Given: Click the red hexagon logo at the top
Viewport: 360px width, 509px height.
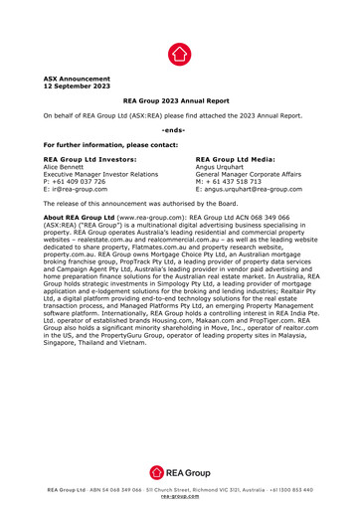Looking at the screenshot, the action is pos(179,54).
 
